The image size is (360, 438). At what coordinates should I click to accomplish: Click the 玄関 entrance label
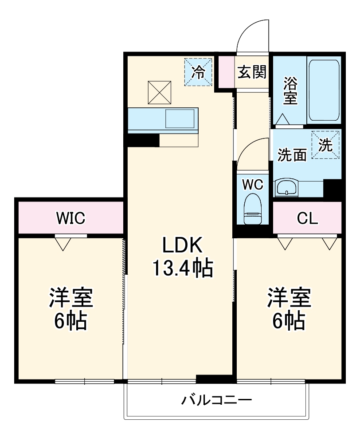coord(252,72)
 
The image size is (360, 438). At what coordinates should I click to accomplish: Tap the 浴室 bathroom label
coord(290,91)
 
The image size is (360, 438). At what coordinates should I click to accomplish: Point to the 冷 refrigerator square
coord(198,72)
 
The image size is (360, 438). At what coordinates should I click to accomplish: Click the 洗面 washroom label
coord(292,155)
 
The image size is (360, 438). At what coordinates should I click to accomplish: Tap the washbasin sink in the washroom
coord(287,187)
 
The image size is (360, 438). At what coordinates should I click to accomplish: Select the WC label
coord(253,184)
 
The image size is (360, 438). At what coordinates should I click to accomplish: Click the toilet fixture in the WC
coord(253,209)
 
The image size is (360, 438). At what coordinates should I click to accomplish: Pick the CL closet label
coord(307,218)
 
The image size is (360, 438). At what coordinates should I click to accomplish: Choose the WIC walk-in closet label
coord(70,218)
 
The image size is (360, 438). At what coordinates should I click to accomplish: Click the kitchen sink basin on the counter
coord(180,118)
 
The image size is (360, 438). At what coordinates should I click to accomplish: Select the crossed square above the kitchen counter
coord(160,92)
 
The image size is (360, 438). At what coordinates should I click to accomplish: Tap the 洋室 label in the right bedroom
coord(289,298)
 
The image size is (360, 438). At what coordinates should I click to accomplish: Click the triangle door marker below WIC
coord(63,243)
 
